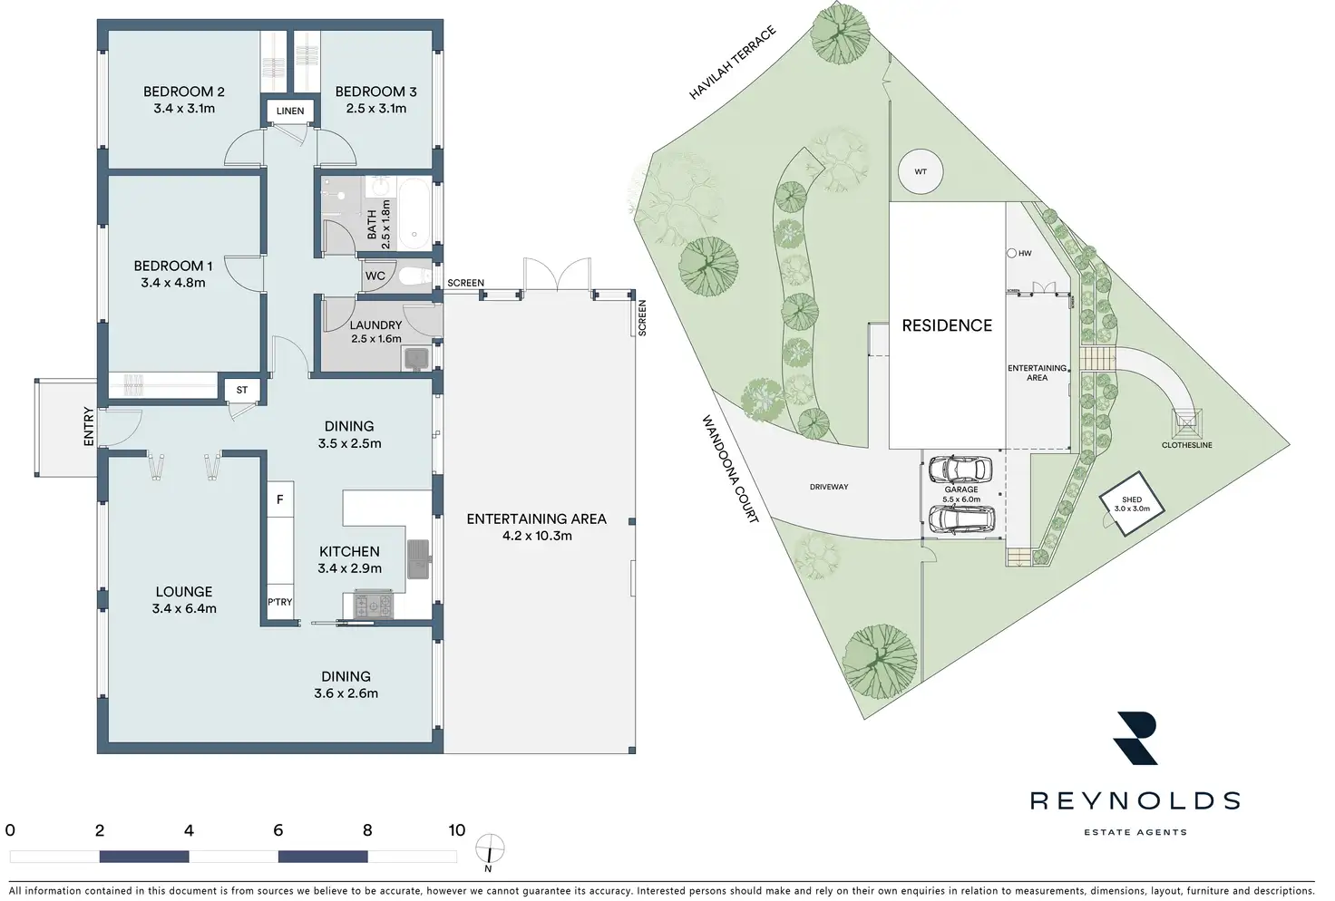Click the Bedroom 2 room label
tap(184, 92)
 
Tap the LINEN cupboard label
tap(290, 111)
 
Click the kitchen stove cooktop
tap(373, 603)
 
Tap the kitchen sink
tap(418, 557)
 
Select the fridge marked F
tap(280, 500)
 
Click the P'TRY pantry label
tap(280, 602)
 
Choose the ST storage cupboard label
tap(242, 391)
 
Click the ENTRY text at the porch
tap(88, 426)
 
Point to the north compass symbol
tap(490, 850)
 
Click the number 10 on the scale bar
tap(456, 830)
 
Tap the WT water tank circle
tap(921, 171)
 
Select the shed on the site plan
tap(1131, 504)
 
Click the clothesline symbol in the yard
tap(1186, 422)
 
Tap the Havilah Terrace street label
tap(733, 63)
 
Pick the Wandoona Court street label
tap(730, 469)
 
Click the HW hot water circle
tap(1012, 254)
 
